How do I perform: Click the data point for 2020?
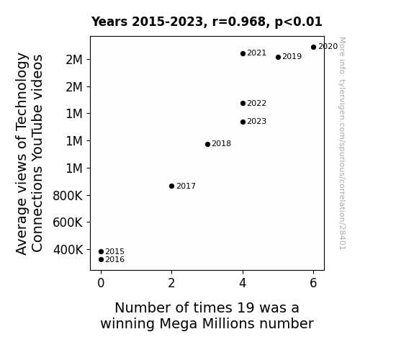pyautogui.click(x=313, y=48)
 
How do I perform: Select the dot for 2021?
pyautogui.click(x=243, y=53)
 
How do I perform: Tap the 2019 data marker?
pyautogui.click(x=278, y=58)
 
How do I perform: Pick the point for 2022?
pyautogui.click(x=243, y=103)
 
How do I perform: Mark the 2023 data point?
pyautogui.click(x=243, y=122)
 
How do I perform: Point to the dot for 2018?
pyautogui.click(x=207, y=144)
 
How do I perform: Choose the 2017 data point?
pyautogui.click(x=171, y=186)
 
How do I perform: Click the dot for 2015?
pyautogui.click(x=101, y=252)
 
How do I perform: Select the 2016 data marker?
pyautogui.click(x=101, y=260)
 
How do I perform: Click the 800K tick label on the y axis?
pyautogui.click(x=68, y=196)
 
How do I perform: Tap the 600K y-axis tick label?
pyautogui.click(x=68, y=222)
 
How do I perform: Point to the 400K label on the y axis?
pyautogui.click(x=68, y=250)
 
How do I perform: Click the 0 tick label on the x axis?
pyautogui.click(x=101, y=283)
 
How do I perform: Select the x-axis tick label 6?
pyautogui.click(x=313, y=283)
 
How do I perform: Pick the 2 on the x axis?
pyautogui.click(x=171, y=283)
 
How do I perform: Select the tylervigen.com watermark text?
pyautogui.click(x=342, y=143)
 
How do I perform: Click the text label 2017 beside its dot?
pyautogui.click(x=186, y=186)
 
